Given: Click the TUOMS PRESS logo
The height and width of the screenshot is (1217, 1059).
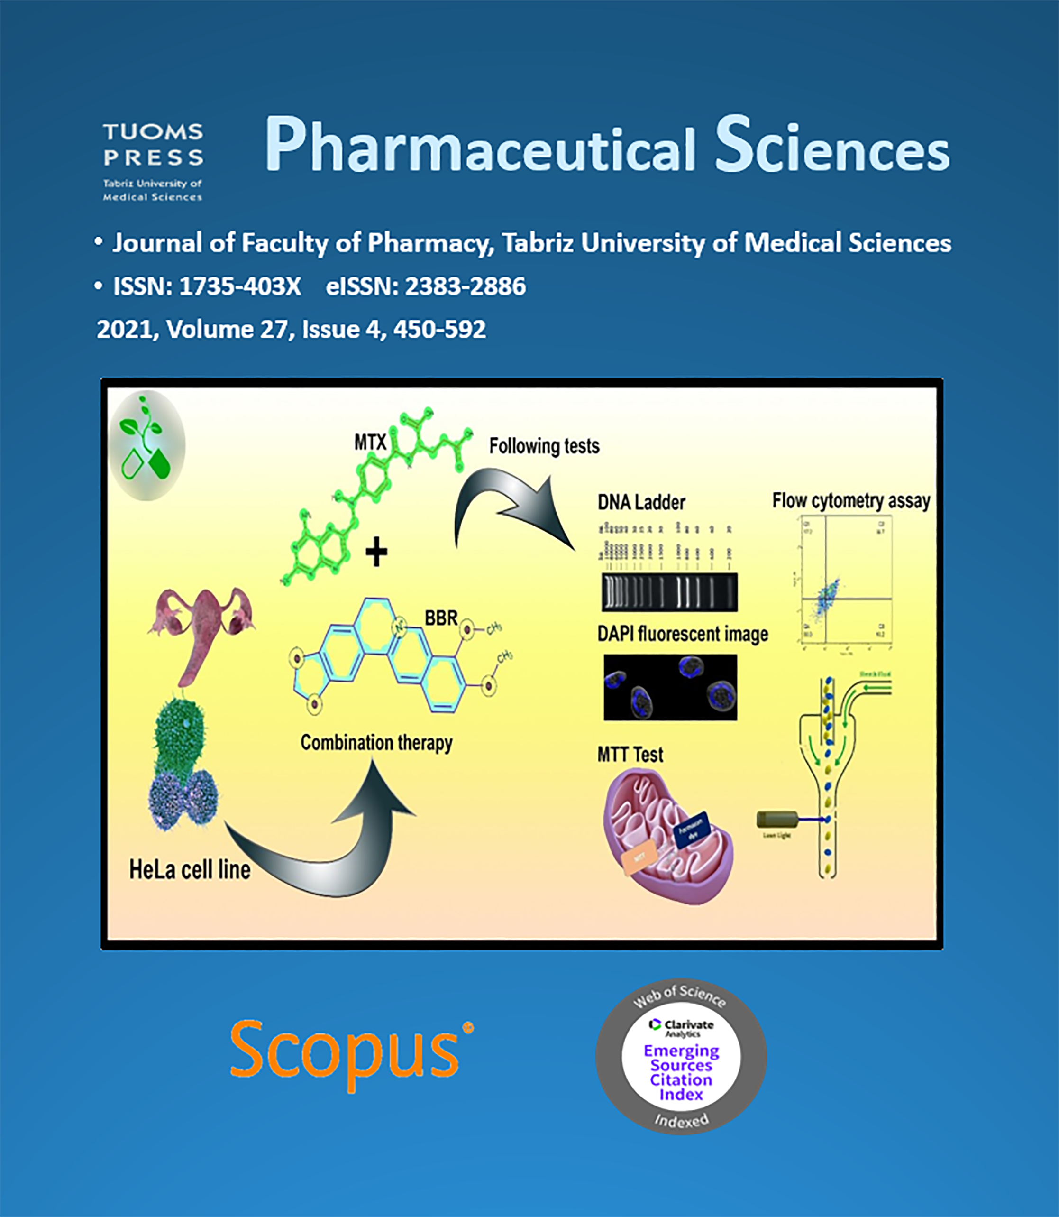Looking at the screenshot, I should [153, 161].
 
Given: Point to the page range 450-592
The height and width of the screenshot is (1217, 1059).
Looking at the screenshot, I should [439, 329].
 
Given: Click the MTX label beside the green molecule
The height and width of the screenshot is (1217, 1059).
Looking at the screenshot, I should [370, 443].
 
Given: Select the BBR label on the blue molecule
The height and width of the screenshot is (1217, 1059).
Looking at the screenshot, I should [441, 618].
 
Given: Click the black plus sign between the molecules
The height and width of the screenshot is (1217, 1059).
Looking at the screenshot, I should [376, 553].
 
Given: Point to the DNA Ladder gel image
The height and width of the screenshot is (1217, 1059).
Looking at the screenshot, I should [669, 592].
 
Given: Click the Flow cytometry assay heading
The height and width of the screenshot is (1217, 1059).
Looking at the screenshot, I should [851, 501].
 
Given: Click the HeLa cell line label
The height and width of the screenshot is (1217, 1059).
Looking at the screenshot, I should [190, 870].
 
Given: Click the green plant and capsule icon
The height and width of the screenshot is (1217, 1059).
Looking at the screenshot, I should [147, 445].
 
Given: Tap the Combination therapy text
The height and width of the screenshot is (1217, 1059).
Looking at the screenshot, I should [376, 743].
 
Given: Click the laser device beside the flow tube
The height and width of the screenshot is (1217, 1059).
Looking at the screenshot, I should [776, 820].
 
